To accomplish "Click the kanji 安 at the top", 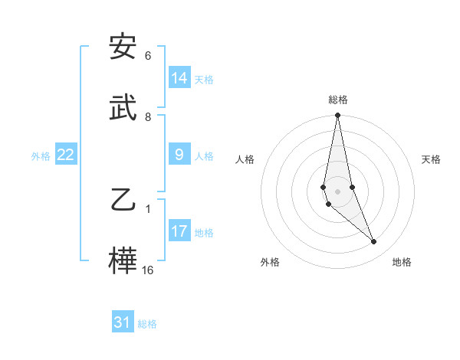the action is click(123, 48).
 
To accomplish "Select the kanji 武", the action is click(123, 107).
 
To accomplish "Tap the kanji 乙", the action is click(123, 200).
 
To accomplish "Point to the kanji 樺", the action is click(123, 259).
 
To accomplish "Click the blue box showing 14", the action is click(179, 78).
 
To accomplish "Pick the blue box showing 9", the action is click(179, 155).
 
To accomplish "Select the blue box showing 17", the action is click(179, 231).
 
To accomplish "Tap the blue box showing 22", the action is click(66, 155).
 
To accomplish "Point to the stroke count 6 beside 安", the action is click(148, 56).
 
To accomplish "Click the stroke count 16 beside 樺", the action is click(148, 270).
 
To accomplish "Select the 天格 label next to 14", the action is click(204, 80).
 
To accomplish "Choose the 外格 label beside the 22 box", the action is click(41, 156).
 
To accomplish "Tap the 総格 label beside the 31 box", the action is click(147, 324).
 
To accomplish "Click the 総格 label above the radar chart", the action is click(338, 100).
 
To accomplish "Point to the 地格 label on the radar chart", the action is click(402, 262).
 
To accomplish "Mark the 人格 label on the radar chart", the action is click(245, 159).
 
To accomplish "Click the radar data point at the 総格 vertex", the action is click(337, 116).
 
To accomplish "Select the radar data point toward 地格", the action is click(374, 242).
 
